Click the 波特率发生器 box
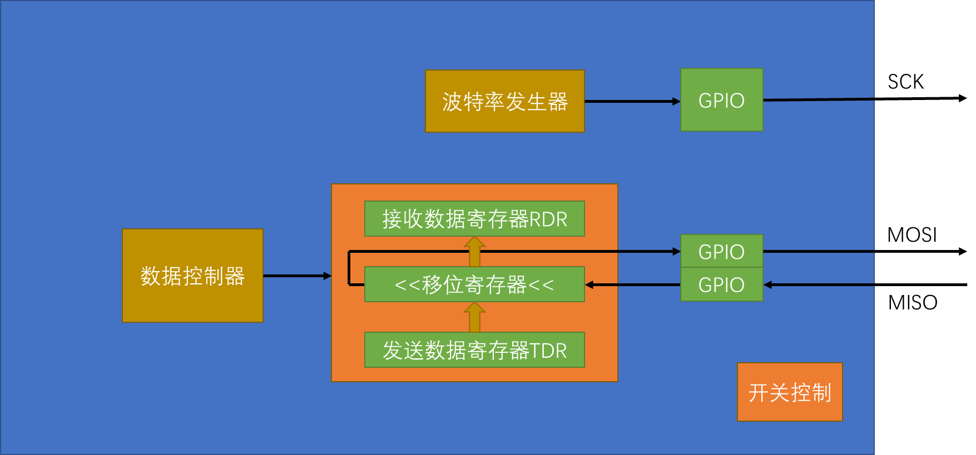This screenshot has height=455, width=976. coord(504,101)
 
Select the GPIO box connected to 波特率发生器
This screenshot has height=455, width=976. coord(721,100)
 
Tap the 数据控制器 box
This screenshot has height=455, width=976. coord(192,276)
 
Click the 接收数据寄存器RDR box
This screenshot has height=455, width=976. coord(474,219)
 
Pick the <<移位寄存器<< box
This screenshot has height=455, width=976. coord(474,284)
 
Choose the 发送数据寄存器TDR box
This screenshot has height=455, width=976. coord(474,350)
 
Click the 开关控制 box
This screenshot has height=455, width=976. coord(789,392)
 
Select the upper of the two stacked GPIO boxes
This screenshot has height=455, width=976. coord(721,251)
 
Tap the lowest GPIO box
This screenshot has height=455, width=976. coord(721,284)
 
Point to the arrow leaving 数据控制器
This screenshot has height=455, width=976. coord(296,276)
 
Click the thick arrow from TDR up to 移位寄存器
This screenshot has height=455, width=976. coord(474,317)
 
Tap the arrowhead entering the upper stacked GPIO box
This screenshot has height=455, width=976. coord(676,252)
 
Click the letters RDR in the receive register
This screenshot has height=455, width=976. coord(548,219)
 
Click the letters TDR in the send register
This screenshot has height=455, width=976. coord(548,351)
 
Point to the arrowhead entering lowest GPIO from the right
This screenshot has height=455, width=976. coord(768,284)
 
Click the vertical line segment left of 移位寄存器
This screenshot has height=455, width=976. coord(349,268)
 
